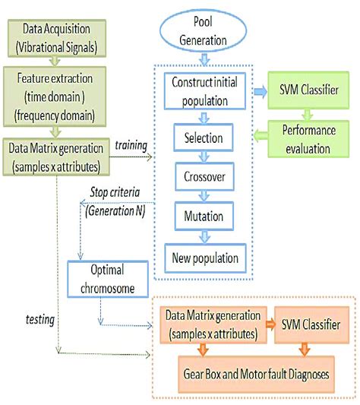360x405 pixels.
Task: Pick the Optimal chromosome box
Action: point(106,279)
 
